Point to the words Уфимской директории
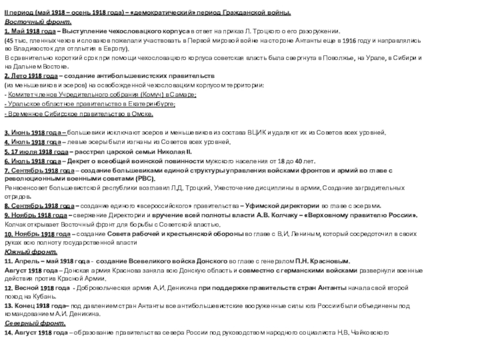pos(262,205)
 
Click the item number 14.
pos(8,332)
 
